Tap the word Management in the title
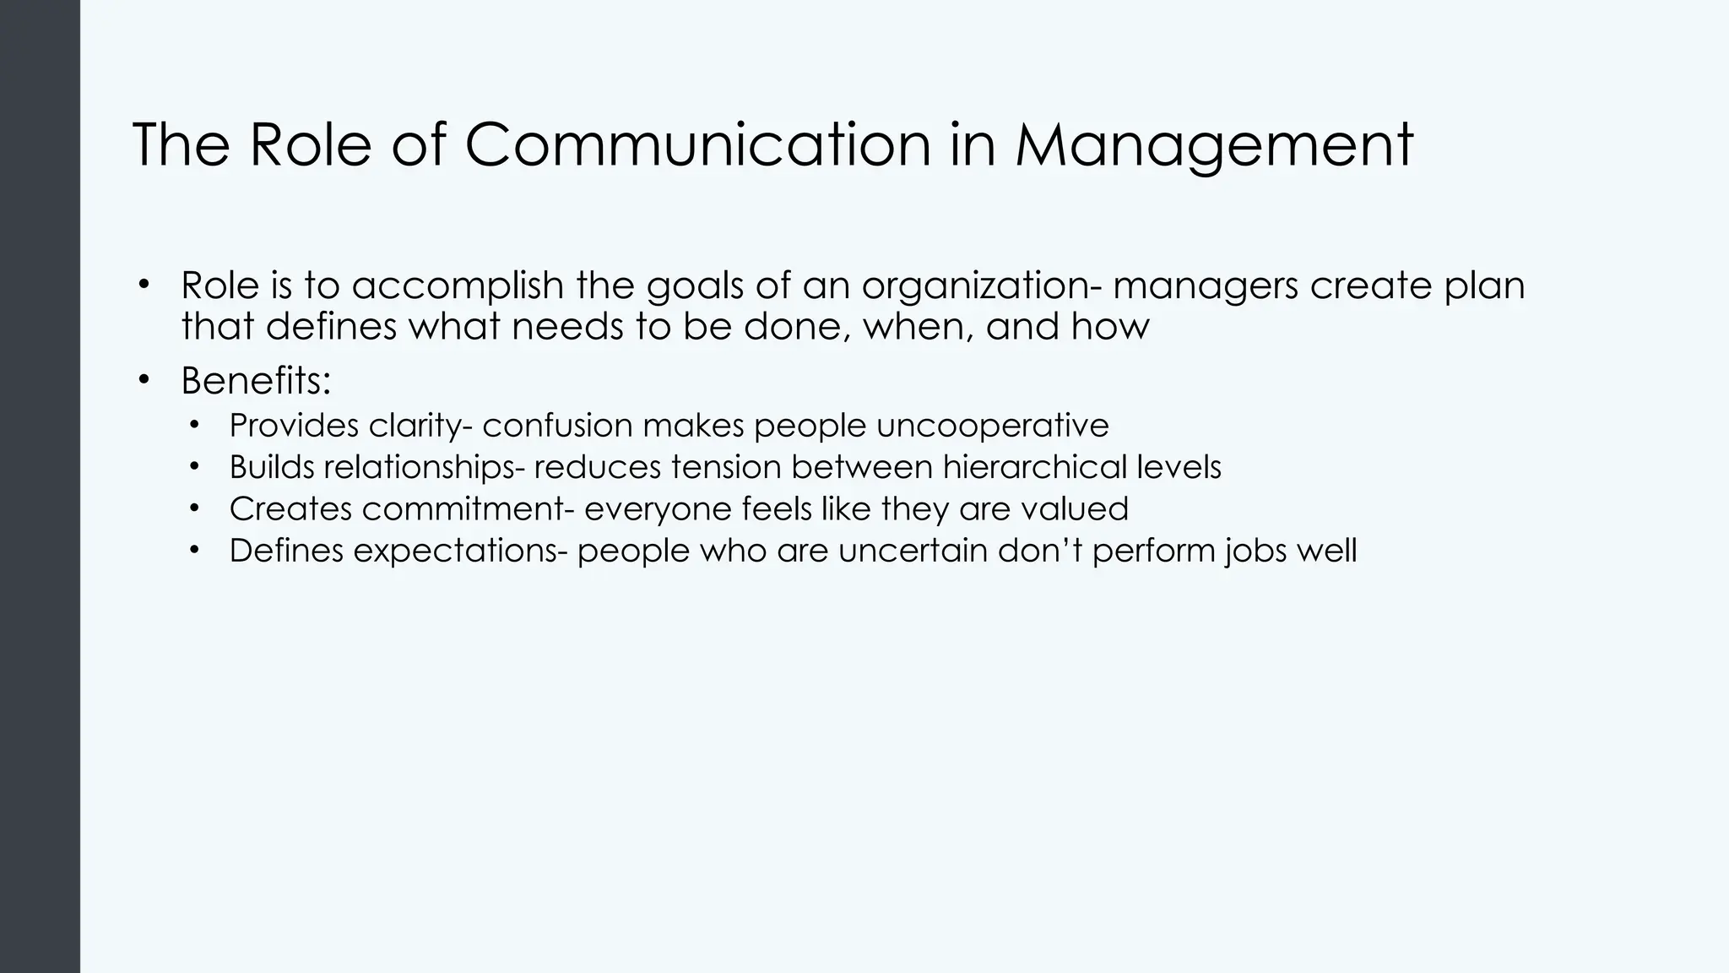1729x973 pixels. click(1214, 144)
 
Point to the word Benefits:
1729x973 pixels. click(256, 381)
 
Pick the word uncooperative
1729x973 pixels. click(992, 425)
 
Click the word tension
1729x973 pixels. click(726, 467)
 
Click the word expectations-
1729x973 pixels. click(460, 551)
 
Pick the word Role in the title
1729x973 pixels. click(310, 144)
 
